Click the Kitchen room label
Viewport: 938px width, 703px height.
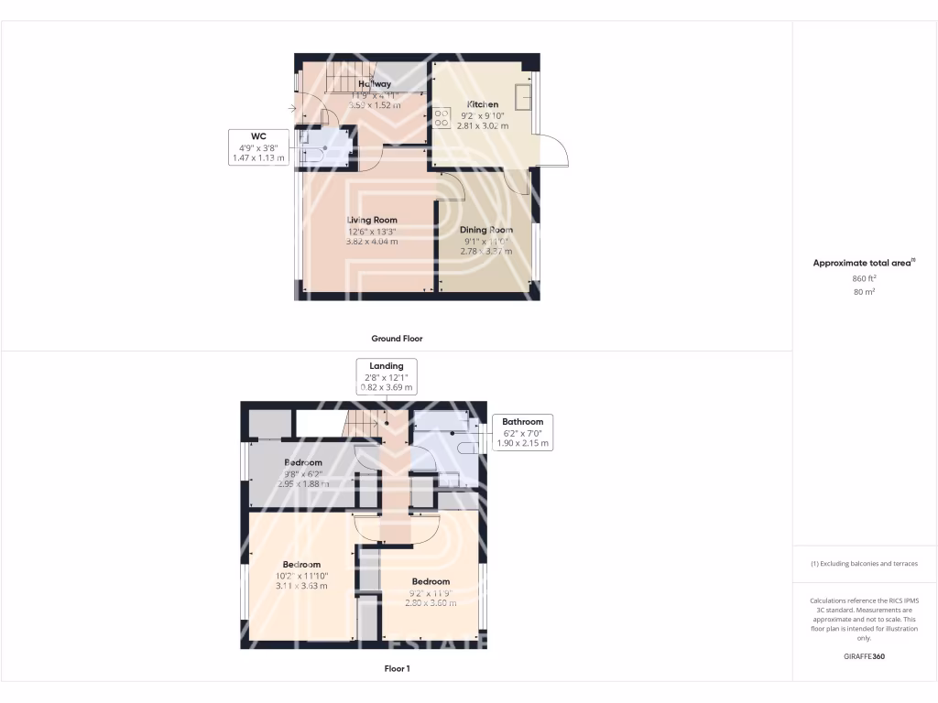[482, 103]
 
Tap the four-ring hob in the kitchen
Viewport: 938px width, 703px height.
[442, 117]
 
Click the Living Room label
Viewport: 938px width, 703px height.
[372, 220]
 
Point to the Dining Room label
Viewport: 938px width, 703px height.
[486, 230]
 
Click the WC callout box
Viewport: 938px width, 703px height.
[257, 147]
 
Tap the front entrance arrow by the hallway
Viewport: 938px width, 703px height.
[291, 109]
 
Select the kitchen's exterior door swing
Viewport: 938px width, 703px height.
[555, 152]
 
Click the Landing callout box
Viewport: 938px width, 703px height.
[386, 376]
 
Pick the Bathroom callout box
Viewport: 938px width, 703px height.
[522, 432]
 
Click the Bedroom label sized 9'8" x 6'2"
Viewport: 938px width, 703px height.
[302, 462]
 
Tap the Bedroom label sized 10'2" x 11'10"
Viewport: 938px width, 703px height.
[301, 564]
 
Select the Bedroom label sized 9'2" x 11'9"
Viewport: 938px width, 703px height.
[431, 581]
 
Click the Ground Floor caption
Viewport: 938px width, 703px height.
[397, 338]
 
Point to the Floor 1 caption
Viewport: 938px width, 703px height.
[397, 668]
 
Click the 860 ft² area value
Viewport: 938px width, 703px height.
[864, 277]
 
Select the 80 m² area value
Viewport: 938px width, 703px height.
[864, 292]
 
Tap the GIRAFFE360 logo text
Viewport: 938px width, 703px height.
[864, 656]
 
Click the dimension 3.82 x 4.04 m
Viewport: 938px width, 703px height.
[372, 242]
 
